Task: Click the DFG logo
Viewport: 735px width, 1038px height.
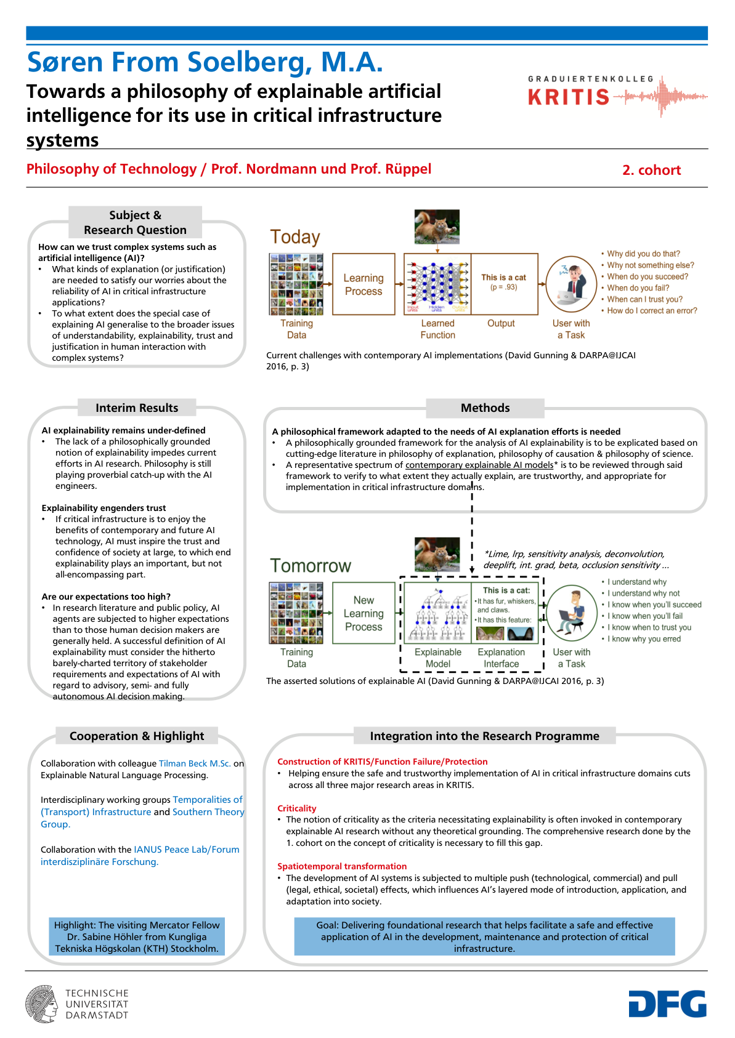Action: [667, 1004]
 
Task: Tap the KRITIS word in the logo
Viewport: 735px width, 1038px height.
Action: [569, 97]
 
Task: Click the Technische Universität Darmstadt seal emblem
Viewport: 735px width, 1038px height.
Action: [42, 1004]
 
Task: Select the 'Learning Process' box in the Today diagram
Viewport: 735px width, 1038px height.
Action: [363, 284]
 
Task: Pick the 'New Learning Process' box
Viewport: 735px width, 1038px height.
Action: [363, 613]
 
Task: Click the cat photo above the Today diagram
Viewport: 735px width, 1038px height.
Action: [437, 227]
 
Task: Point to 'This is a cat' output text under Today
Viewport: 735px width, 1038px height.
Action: [503, 278]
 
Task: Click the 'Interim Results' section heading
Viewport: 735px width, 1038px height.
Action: [137, 408]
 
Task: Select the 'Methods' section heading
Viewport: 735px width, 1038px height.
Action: [485, 408]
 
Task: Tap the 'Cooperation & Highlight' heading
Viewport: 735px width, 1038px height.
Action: [137, 736]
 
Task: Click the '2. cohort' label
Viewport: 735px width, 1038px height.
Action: [651, 171]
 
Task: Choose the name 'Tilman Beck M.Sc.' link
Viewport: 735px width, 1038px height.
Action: [195, 763]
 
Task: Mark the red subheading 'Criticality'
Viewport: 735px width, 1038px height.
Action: [296, 808]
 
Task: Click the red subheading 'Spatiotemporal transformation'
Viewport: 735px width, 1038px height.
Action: [342, 866]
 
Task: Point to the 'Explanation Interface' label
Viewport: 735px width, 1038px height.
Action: [501, 658]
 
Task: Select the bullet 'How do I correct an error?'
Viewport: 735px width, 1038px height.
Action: [652, 311]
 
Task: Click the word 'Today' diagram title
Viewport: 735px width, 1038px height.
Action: [295, 237]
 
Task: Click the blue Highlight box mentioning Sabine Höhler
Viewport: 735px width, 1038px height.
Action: [137, 936]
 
